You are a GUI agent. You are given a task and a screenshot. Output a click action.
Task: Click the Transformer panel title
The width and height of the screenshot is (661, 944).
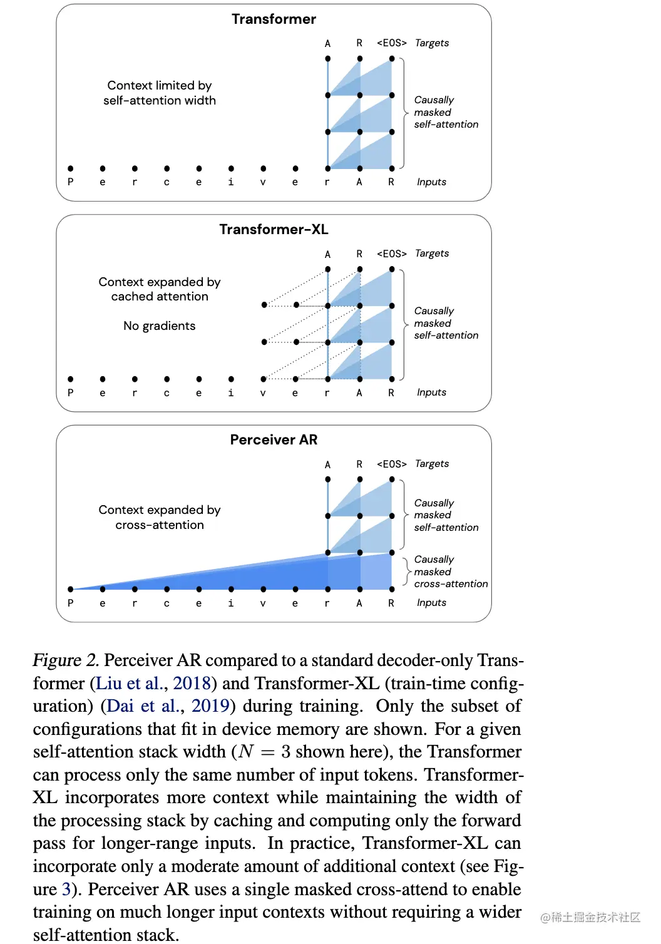274,19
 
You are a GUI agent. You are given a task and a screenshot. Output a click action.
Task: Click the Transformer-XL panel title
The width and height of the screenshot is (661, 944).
274,230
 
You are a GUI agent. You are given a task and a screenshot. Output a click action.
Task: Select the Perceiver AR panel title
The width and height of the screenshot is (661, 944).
274,440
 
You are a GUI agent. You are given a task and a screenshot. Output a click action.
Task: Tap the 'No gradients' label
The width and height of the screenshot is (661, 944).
159,326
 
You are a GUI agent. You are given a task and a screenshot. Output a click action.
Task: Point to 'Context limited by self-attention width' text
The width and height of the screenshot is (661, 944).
160,93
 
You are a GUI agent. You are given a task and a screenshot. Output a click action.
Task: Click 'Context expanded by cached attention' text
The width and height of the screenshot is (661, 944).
160,289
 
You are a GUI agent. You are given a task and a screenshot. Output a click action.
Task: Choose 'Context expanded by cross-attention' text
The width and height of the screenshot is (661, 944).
160,518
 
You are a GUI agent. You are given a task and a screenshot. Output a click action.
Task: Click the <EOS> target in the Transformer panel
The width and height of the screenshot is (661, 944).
392,43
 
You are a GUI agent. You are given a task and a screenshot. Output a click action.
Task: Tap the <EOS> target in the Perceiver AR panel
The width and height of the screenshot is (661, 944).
392,464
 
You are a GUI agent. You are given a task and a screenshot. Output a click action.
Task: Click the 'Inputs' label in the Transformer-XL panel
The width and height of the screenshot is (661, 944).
431,392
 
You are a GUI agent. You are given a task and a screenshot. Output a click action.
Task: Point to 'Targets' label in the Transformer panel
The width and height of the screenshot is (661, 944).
432,43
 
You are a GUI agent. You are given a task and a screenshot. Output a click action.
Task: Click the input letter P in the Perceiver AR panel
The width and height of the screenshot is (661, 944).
71,603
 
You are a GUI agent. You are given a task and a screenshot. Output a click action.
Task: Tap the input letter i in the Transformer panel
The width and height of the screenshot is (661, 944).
231,182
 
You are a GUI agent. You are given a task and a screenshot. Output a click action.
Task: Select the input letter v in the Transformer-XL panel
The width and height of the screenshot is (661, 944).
263,393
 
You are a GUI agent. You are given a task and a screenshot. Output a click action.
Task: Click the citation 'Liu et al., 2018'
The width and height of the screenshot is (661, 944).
153,683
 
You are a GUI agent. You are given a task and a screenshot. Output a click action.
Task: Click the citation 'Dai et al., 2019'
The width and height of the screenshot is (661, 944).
168,706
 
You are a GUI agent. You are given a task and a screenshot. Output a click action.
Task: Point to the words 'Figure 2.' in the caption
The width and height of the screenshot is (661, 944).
66,660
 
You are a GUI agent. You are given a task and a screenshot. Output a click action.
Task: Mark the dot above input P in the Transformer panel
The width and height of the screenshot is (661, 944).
71,168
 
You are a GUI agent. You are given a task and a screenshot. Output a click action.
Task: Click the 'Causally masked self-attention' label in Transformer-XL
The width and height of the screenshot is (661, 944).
446,324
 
